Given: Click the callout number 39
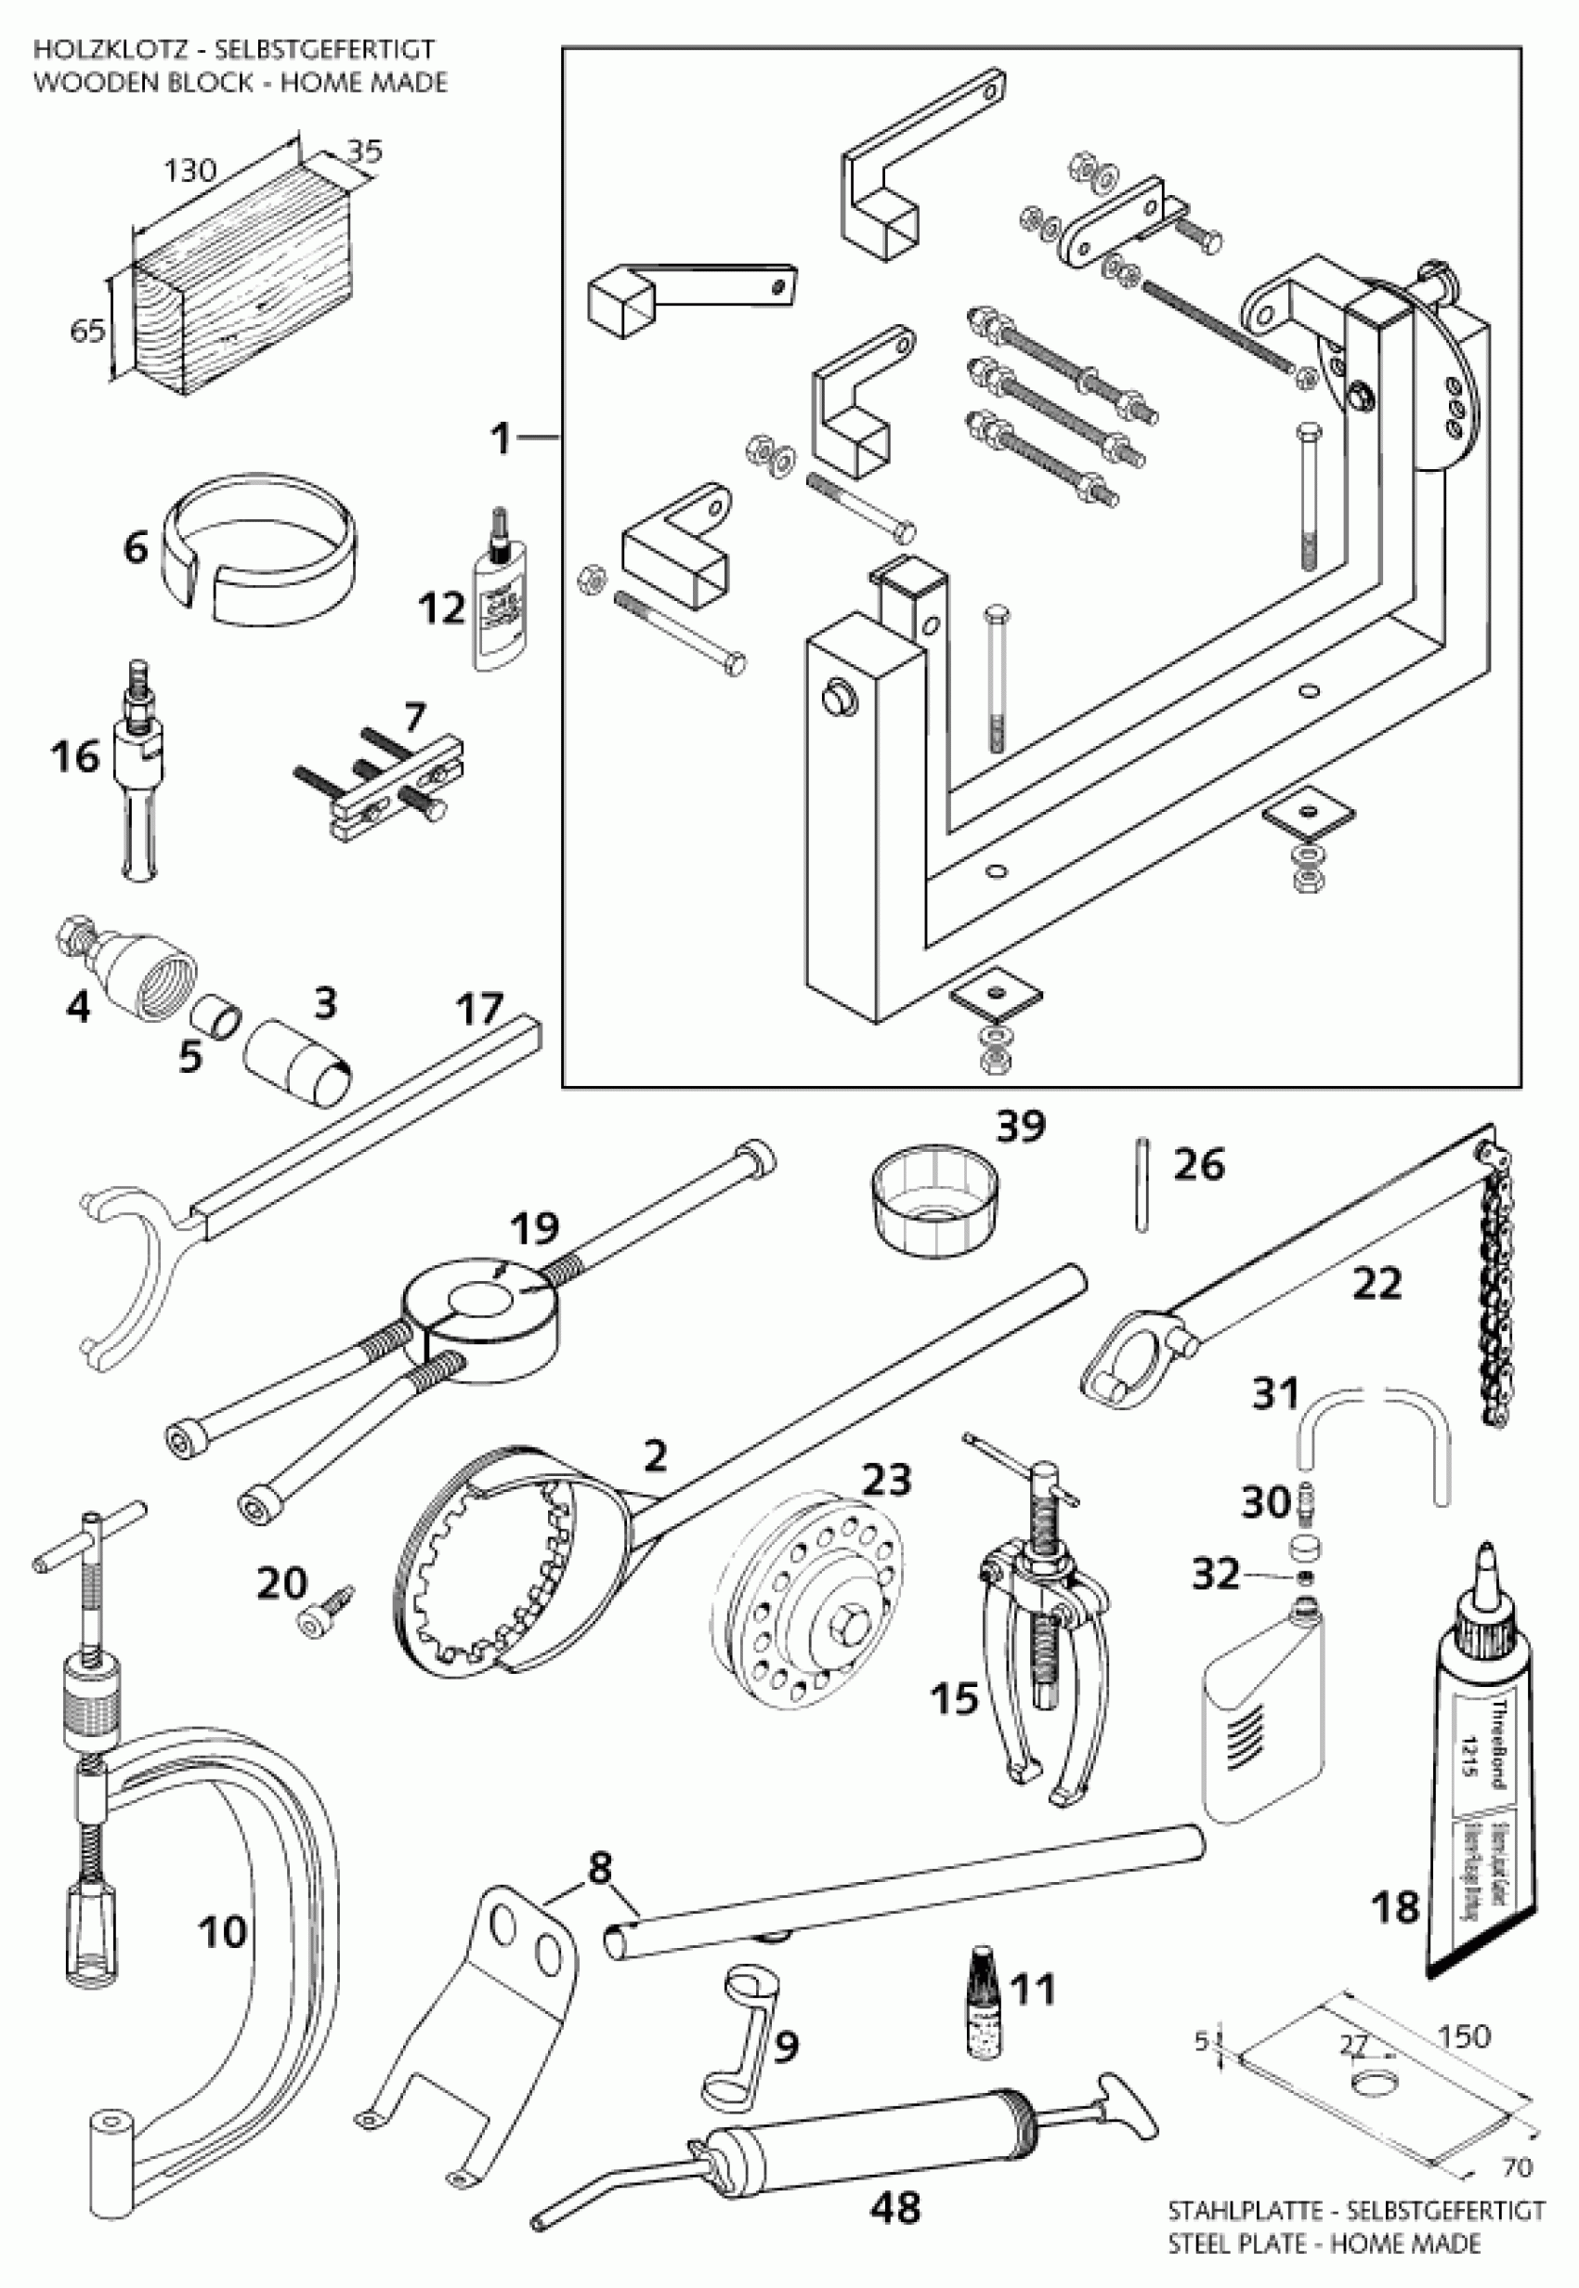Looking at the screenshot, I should coord(1020,1126).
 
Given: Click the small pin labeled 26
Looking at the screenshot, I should coord(1142,1184).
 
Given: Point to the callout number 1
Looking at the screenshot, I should coord(502,438).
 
